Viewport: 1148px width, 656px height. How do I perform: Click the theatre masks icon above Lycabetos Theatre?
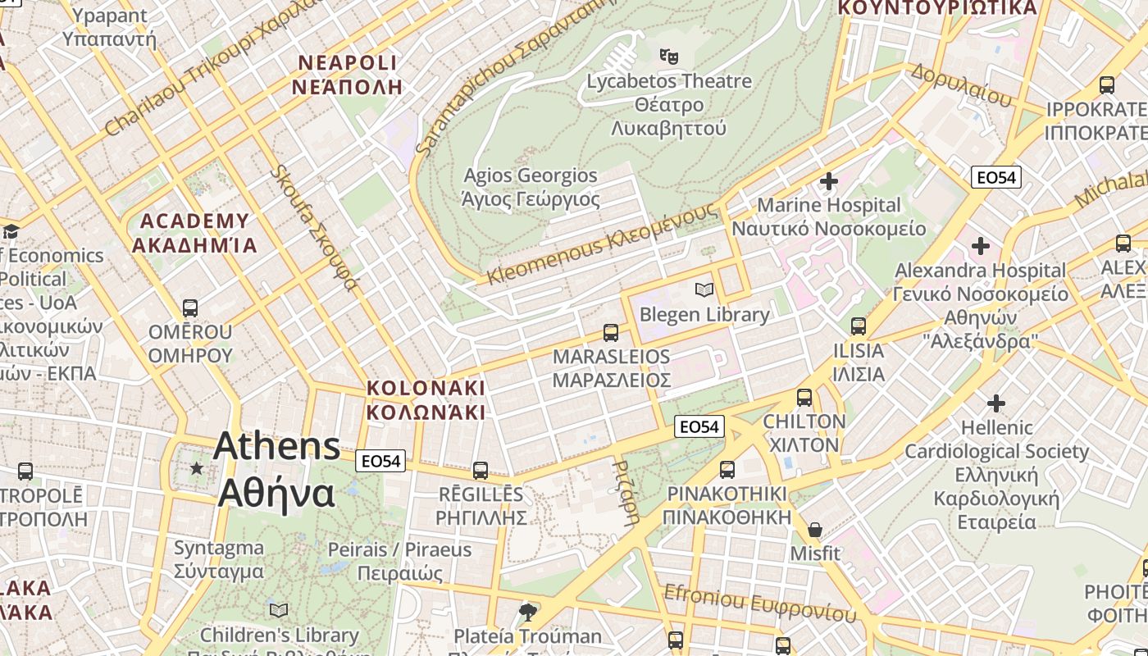[669, 57]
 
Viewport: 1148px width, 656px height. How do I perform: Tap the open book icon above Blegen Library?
[704, 289]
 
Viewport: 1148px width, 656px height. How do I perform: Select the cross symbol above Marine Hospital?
[828, 180]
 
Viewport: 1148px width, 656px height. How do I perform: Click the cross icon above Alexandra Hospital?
[980, 245]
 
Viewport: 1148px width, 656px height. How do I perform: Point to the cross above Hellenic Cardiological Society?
[995, 403]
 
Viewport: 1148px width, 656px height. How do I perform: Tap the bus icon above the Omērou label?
[190, 308]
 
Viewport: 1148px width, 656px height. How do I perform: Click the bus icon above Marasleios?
[611, 332]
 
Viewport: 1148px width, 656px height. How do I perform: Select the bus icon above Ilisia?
[859, 326]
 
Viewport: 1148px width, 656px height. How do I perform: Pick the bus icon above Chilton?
[804, 398]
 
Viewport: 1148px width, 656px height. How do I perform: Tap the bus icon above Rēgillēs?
[481, 471]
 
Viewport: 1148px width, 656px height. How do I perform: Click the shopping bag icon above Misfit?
[815, 530]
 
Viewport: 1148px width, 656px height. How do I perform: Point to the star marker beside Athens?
[196, 468]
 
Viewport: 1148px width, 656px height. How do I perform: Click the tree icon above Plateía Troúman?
[528, 612]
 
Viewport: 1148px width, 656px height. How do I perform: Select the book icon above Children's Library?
[279, 610]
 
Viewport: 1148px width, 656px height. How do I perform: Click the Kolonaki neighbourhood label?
[426, 399]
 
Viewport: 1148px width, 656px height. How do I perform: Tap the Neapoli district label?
[347, 75]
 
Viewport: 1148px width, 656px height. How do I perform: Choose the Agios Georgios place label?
[531, 187]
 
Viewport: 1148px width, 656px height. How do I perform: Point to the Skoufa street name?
[315, 227]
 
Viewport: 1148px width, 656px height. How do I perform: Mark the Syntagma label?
[219, 559]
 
